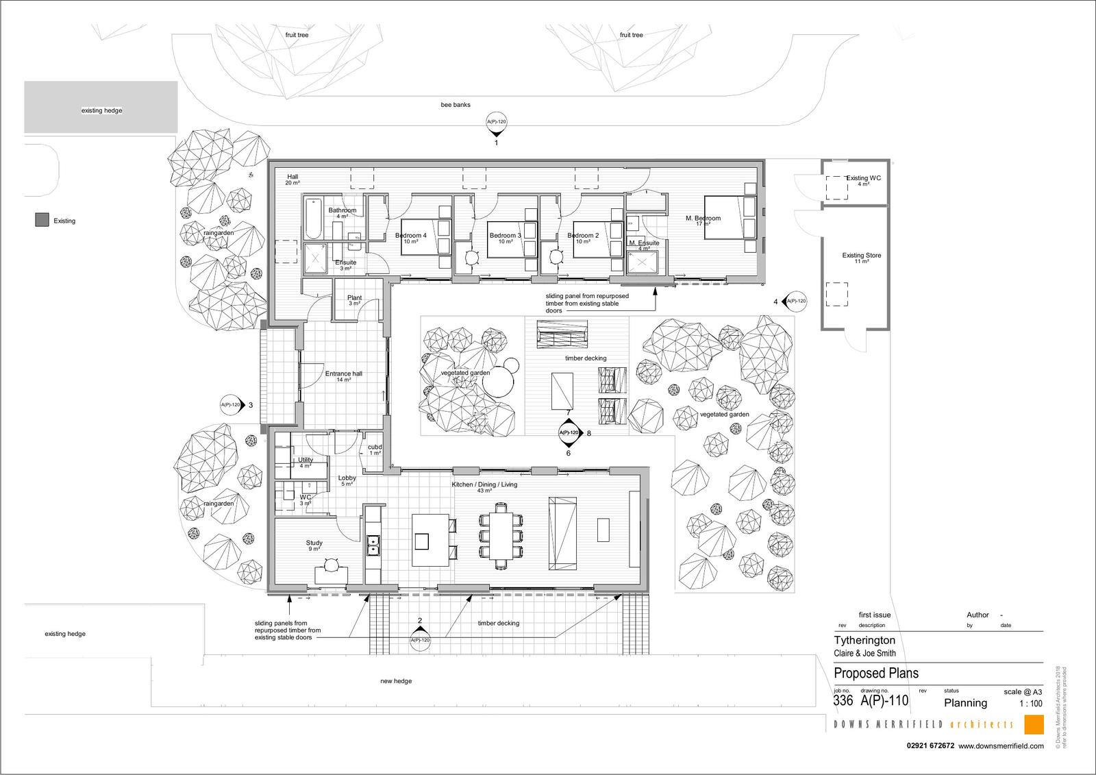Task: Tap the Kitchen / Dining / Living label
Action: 484,485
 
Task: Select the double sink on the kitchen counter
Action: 373,545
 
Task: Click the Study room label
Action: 314,543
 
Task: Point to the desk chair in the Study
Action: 331,565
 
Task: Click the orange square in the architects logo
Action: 1034,724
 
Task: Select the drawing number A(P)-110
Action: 884,701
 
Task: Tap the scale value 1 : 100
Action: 1031,704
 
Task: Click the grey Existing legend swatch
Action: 42,221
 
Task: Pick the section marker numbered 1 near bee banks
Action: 497,123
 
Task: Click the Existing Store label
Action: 862,256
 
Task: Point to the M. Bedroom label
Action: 703,219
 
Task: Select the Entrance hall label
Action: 344,374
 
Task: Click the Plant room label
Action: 354,298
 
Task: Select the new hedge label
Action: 396,681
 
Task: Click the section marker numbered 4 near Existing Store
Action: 795,302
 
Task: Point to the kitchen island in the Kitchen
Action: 430,541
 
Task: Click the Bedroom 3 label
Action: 506,236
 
